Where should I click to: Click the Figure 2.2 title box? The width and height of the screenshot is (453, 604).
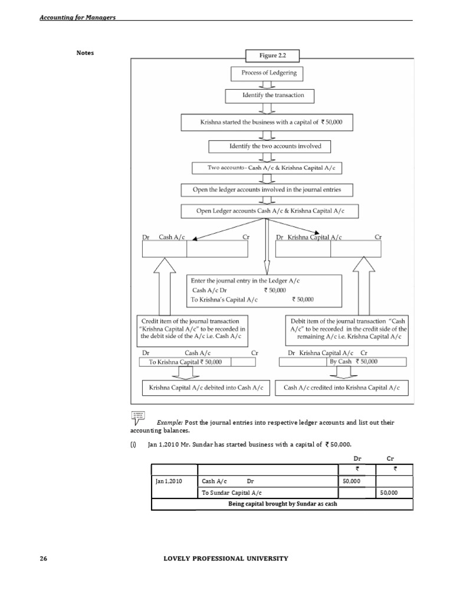[272, 56]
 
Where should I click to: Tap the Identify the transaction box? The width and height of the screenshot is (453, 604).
[270, 96]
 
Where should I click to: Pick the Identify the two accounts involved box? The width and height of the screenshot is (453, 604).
[270, 146]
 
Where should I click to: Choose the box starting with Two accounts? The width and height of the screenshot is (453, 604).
[267, 168]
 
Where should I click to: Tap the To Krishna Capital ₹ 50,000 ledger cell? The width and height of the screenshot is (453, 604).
[185, 362]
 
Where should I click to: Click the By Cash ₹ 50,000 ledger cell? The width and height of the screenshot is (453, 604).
[352, 362]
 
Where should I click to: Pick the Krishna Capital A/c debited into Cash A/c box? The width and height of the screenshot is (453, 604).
[206, 388]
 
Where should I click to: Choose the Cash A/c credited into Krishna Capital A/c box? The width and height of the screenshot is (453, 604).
[342, 388]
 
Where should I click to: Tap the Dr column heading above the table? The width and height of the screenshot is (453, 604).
[356, 457]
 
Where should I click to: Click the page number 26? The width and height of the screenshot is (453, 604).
[43, 558]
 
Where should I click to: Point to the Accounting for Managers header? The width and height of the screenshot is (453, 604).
[77, 17]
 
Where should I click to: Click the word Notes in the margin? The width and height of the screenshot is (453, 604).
[85, 53]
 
